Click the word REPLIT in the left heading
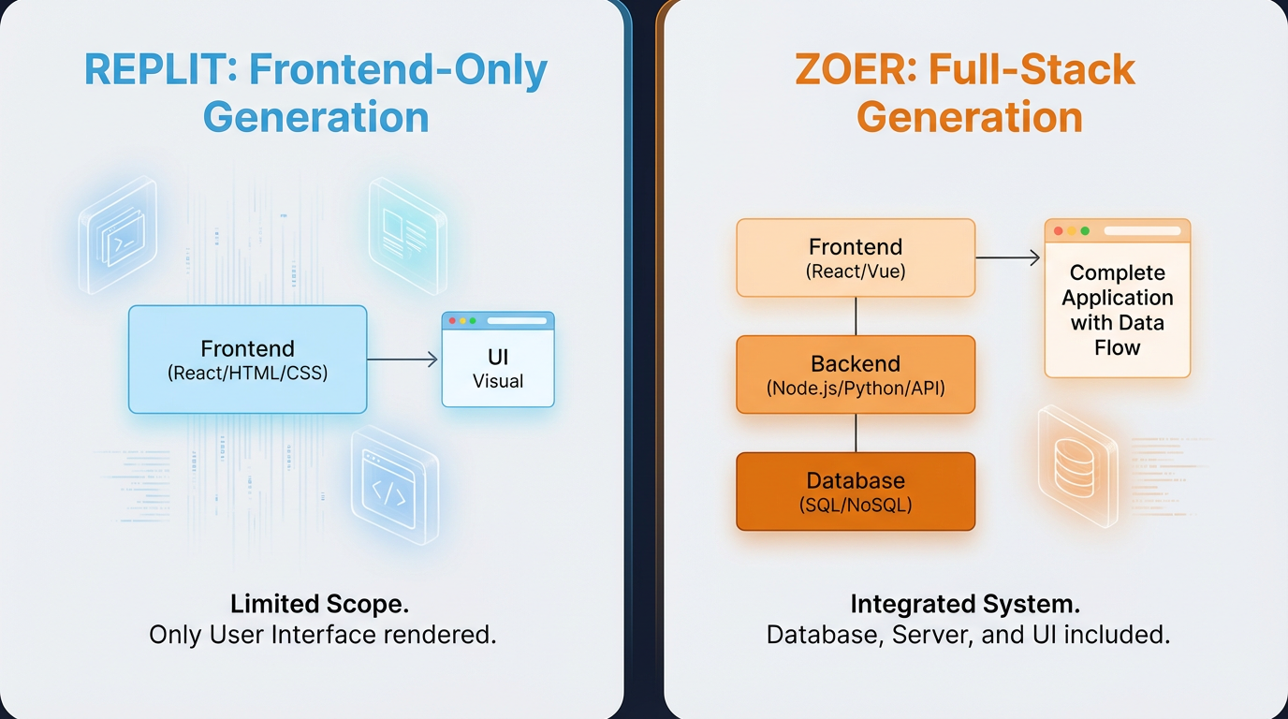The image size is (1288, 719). (153, 71)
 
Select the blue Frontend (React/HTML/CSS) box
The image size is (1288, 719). (247, 359)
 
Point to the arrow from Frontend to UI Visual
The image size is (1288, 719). (402, 359)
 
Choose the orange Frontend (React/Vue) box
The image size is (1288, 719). (856, 257)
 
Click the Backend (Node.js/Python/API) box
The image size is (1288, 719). (856, 374)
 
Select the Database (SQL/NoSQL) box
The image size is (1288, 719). (856, 492)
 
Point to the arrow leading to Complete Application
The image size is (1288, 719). (1008, 257)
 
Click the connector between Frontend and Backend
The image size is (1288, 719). (856, 316)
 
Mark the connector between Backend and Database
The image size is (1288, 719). (856, 433)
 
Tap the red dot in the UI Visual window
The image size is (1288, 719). (452, 321)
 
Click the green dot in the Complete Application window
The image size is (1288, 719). (1085, 230)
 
